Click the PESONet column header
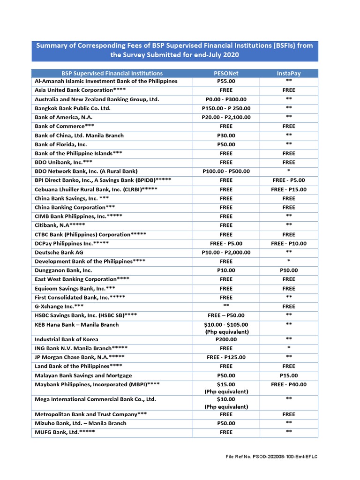pyautogui.click(x=225, y=73)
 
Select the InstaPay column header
pyautogui.click(x=288, y=73)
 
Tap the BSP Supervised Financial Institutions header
pyautogui.click(x=112, y=73)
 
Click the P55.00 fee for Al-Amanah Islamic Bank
pyautogui.click(x=225, y=82)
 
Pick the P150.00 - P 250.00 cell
pyautogui.click(x=225, y=108)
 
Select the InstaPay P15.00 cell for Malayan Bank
pyautogui.click(x=288, y=375)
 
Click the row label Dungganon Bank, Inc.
pyautogui.click(x=63, y=270)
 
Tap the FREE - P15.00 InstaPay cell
pyautogui.click(x=288, y=189)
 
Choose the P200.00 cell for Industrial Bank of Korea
pyautogui.click(x=225, y=339)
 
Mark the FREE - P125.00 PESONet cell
pyautogui.click(x=225, y=357)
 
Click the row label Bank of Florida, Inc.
pyautogui.click(x=61, y=144)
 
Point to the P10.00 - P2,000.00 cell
pyautogui.click(x=225, y=252)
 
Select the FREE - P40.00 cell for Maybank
pyautogui.click(x=288, y=384)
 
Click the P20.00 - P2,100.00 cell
pyautogui.click(x=225, y=117)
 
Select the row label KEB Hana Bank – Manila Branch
pyautogui.click(x=77, y=325)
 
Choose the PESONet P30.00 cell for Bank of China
pyautogui.click(x=225, y=135)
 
